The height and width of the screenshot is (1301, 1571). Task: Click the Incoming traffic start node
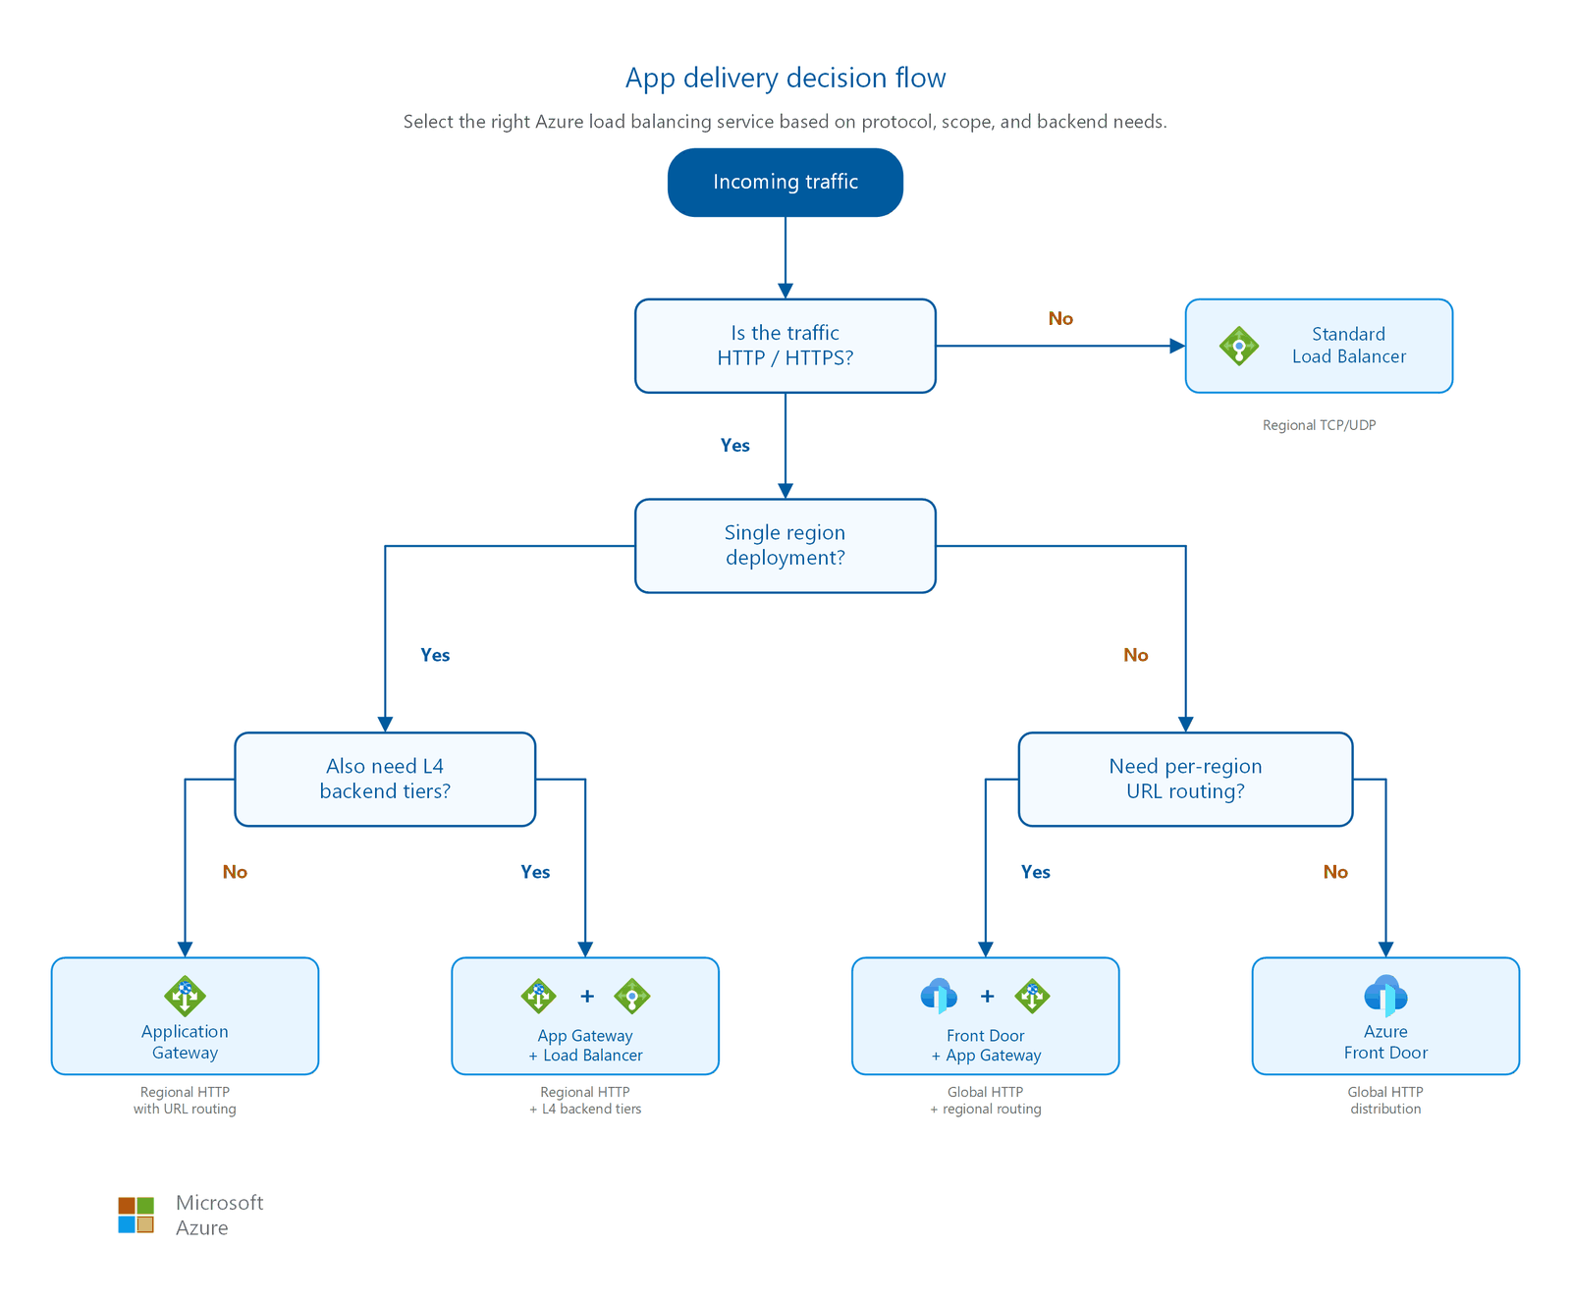pyautogui.click(x=785, y=183)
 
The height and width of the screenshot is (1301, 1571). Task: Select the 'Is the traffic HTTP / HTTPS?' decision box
pyautogui.click(x=785, y=346)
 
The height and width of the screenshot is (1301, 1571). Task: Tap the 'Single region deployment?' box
pyautogui.click(x=785, y=546)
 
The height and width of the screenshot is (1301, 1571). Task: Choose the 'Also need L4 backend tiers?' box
pyautogui.click(x=385, y=780)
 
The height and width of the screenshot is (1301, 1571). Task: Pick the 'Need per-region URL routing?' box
pyautogui.click(x=1185, y=780)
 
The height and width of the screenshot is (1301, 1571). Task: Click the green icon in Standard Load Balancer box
pyautogui.click(x=1239, y=346)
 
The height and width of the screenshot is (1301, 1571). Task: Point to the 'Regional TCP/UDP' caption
pyautogui.click(x=1319, y=425)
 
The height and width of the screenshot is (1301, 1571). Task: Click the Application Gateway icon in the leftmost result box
pyautogui.click(x=185, y=996)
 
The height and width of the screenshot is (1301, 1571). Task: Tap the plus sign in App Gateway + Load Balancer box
pyautogui.click(x=587, y=996)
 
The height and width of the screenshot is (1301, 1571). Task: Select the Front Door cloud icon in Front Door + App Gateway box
pyautogui.click(x=940, y=996)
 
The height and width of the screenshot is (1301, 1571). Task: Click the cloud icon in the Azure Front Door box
pyautogui.click(x=1385, y=996)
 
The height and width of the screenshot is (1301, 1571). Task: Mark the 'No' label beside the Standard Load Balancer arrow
pyautogui.click(x=1060, y=318)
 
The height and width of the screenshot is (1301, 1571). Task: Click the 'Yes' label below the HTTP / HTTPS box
pyautogui.click(x=734, y=445)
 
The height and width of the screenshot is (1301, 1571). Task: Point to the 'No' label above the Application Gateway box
pyautogui.click(x=235, y=872)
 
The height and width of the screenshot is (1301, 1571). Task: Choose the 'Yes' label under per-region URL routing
pyautogui.click(x=1035, y=872)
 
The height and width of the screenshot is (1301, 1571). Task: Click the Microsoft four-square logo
pyautogui.click(x=136, y=1215)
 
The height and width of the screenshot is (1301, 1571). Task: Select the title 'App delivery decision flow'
pyautogui.click(x=785, y=78)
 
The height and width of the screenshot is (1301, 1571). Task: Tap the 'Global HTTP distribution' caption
pyautogui.click(x=1385, y=1101)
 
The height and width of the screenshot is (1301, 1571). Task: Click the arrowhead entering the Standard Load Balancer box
pyautogui.click(x=1178, y=346)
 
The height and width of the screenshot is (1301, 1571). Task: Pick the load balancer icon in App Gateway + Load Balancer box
pyautogui.click(x=632, y=996)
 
